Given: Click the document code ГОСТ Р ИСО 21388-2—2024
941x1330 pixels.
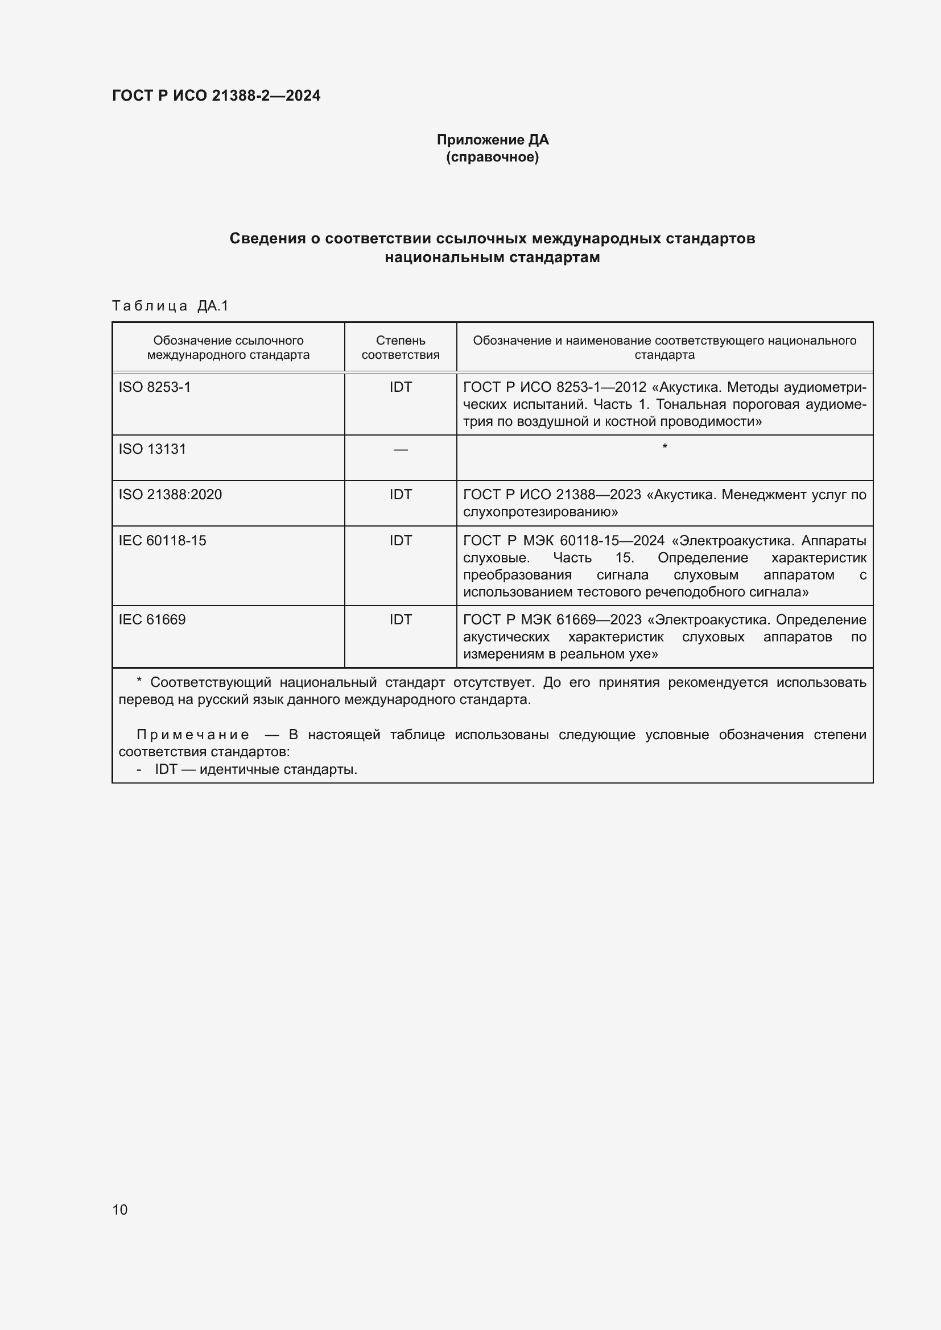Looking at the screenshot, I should tap(216, 96).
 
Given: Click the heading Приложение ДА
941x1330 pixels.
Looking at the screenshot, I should tap(493, 140).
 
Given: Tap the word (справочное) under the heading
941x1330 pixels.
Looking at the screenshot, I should tap(493, 158).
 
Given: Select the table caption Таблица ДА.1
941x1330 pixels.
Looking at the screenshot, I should tap(170, 306).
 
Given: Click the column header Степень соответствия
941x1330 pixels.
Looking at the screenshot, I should tap(401, 347).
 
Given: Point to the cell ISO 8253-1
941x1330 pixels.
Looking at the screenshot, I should tap(155, 387).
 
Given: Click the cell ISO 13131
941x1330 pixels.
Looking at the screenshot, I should tap(152, 449).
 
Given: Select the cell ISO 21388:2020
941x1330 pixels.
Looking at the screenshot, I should tap(170, 494).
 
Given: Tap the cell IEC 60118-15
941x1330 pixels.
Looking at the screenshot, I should tap(162, 540).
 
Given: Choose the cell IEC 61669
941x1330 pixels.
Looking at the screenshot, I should tap(152, 619).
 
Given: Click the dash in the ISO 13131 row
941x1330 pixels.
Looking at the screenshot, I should tap(401, 450).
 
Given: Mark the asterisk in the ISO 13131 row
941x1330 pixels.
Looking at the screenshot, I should tap(665, 446).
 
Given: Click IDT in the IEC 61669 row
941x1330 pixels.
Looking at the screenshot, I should tap(401, 619).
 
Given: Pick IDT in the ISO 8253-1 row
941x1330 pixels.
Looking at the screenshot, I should tap(401, 387).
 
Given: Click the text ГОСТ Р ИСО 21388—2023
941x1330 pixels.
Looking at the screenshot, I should tap(552, 495).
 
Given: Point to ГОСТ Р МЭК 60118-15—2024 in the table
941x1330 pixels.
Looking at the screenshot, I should tap(563, 540).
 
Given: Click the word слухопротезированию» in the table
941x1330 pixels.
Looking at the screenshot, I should tap(540, 512).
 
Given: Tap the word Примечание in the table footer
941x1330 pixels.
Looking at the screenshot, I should tap(193, 735).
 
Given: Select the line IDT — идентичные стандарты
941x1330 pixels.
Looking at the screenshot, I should tap(255, 769).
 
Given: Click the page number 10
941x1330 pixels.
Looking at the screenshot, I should tap(120, 1209).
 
